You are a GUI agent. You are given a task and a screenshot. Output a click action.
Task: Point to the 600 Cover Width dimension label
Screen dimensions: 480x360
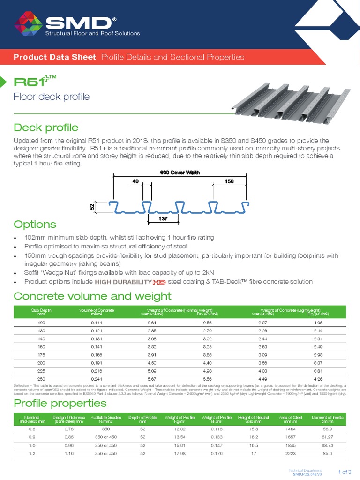pyautogui.click(x=180, y=172)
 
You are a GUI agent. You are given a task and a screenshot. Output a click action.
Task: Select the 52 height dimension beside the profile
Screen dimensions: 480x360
pyautogui.click(x=92, y=206)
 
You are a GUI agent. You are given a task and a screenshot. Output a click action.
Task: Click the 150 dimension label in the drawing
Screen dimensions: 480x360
pyautogui.click(x=229, y=181)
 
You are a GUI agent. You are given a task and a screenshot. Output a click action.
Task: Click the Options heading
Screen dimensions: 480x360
pyautogui.click(x=35, y=224)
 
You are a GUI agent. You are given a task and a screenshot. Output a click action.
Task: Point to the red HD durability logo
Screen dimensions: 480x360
pyautogui.click(x=160, y=282)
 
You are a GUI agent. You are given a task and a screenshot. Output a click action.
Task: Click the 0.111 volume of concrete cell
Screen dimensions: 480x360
pyautogui.click(x=97, y=323)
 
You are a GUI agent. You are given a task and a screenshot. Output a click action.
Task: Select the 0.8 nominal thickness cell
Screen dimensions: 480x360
pyautogui.click(x=31, y=429)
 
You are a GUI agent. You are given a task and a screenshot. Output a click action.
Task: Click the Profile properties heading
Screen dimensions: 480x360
pyautogui.click(x=60, y=404)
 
